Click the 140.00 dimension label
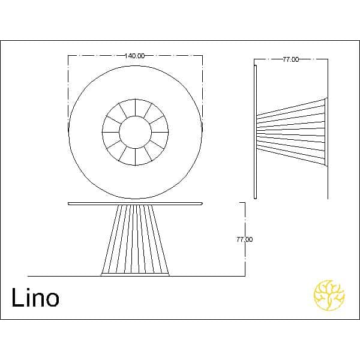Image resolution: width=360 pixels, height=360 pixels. click(135, 56)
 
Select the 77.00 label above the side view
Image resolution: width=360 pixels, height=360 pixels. click(290, 59)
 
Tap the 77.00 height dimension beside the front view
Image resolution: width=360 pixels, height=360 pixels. click(245, 239)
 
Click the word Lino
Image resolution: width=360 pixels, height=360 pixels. click(35, 298)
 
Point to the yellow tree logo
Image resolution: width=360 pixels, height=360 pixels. click(329, 295)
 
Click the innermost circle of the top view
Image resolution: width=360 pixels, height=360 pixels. click(119, 132)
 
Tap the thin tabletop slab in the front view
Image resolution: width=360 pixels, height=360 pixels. click(135, 203)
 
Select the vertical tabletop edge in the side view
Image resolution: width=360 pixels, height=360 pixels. click(256, 132)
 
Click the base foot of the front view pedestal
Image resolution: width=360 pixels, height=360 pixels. click(135, 274)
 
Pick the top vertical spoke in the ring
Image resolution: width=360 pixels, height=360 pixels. click(136, 107)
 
